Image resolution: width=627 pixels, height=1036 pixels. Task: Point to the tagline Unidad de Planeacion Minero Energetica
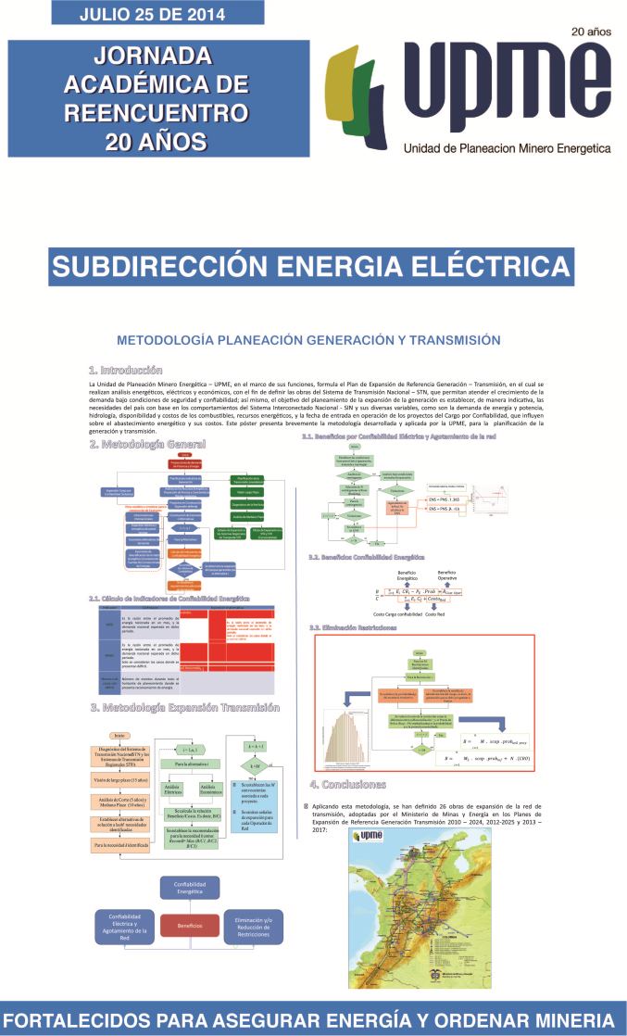coord(507,148)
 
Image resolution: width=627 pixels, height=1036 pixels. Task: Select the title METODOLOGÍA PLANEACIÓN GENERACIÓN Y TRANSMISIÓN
coord(308,339)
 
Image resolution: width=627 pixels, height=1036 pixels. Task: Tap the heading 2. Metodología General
coord(147,445)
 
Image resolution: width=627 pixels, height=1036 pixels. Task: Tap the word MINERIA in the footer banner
coord(565,1017)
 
